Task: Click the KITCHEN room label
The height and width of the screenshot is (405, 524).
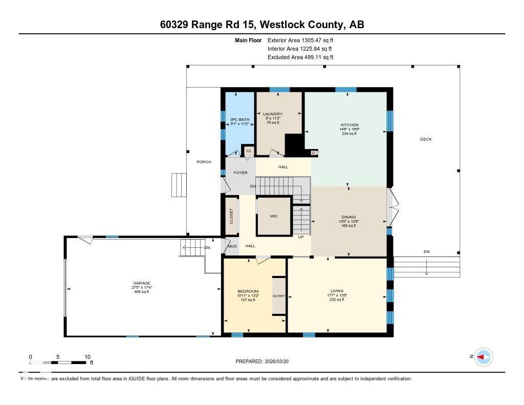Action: [x=350, y=125]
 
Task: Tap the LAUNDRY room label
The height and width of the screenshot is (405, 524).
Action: [x=273, y=114]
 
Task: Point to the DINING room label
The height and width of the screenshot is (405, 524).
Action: [x=348, y=217]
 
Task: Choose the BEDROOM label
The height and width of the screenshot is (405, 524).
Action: [x=248, y=291]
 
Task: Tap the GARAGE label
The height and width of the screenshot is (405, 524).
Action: [x=142, y=283]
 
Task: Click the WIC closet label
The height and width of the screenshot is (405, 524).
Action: [x=274, y=216]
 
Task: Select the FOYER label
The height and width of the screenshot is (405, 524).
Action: [x=241, y=173]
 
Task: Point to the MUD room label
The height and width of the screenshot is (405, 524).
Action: [x=232, y=246]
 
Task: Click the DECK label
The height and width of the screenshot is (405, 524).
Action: [x=426, y=139]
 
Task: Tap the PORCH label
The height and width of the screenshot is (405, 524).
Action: [x=204, y=162]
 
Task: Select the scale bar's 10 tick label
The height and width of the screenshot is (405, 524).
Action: [x=87, y=357]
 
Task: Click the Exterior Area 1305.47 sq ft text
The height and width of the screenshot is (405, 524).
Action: [x=300, y=40]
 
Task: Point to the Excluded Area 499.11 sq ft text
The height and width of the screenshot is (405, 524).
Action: [x=300, y=57]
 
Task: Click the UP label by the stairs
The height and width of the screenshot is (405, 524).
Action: [x=301, y=237]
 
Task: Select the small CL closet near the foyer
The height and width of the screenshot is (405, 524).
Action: [x=249, y=151]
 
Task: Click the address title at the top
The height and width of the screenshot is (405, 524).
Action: [x=262, y=25]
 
